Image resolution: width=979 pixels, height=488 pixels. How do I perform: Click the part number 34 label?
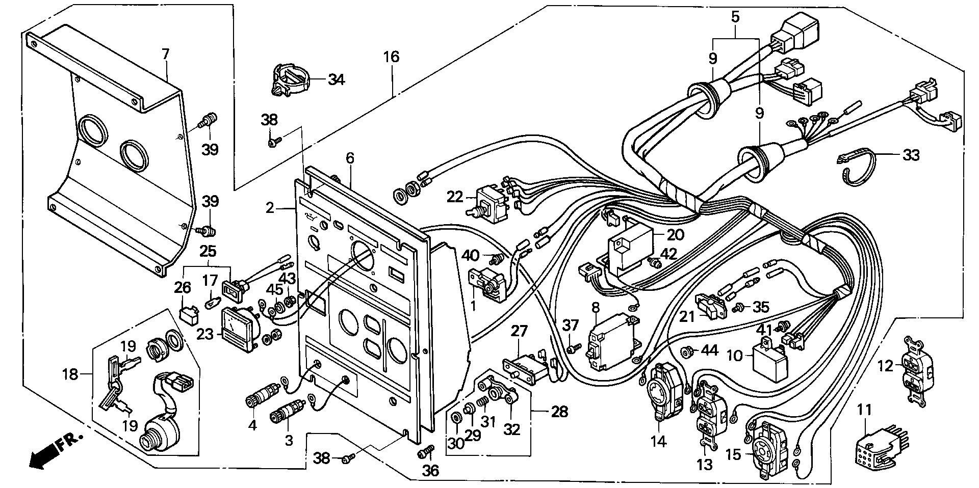point(337,79)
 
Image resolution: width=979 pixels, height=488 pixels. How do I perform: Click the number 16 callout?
point(392,57)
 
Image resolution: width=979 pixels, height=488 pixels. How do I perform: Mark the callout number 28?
point(559,412)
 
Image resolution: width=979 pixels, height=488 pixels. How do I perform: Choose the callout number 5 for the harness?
point(735,17)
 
